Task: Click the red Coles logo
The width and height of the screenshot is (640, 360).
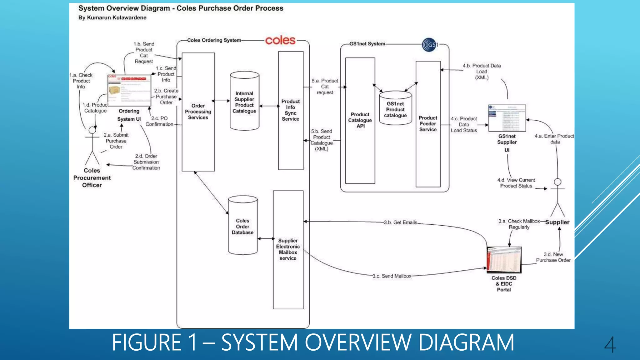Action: (280, 40)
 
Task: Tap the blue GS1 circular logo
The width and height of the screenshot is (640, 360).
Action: (429, 45)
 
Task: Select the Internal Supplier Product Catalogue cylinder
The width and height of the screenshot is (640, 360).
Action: (244, 101)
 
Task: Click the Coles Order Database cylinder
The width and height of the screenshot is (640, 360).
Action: (243, 226)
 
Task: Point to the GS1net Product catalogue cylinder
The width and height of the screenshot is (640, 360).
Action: (395, 108)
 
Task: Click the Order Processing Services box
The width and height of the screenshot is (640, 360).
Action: (198, 112)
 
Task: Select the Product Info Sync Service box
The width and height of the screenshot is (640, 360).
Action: (291, 110)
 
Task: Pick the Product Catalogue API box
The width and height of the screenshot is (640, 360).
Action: (360, 120)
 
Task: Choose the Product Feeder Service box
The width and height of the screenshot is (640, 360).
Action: (428, 124)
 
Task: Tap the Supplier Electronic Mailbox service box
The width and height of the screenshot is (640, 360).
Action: (288, 249)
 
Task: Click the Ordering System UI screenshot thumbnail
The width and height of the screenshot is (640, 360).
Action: (129, 90)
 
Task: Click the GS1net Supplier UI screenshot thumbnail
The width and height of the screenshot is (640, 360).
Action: (507, 118)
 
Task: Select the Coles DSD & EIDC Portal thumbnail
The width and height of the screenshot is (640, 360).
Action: (504, 260)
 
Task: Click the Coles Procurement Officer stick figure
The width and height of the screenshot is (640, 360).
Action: (92, 146)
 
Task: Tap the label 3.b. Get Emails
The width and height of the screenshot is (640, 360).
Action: (400, 222)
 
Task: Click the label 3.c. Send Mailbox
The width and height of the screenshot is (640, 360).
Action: (392, 276)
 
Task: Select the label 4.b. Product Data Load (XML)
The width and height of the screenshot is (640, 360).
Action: (482, 72)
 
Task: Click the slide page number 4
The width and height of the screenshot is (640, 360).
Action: (610, 344)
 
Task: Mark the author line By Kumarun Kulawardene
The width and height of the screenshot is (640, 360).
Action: (112, 18)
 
